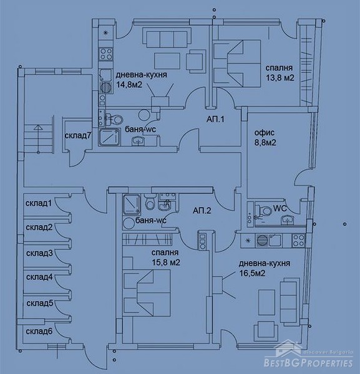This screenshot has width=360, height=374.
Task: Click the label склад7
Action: pyautogui.click(x=78, y=136)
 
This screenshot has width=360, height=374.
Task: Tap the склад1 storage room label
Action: pyautogui.click(x=39, y=203)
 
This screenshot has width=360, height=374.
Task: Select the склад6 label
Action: pyautogui.click(x=39, y=332)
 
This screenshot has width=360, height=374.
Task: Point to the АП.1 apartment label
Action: pyautogui.click(x=215, y=119)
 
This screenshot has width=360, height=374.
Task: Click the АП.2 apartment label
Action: pyautogui.click(x=202, y=211)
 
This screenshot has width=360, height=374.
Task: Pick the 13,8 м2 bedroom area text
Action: pyautogui.click(x=280, y=78)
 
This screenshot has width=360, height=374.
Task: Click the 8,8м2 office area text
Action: pyautogui.click(x=265, y=143)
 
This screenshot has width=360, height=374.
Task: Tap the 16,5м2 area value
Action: pyautogui.click(x=252, y=273)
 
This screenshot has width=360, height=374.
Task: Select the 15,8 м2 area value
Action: pyautogui.click(x=166, y=262)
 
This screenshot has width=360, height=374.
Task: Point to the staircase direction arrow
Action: pyautogui.click(x=38, y=138)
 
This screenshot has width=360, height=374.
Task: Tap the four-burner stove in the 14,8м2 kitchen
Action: pyautogui.click(x=106, y=54)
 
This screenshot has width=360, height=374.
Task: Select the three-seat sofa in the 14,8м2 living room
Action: pyautogui.click(x=167, y=38)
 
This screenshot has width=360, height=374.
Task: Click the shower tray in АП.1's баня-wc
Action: pyautogui.click(x=110, y=137)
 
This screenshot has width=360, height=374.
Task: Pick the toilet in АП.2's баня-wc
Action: pyautogui.click(x=150, y=202)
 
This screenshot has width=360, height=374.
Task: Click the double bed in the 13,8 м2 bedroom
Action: pyautogui.click(x=236, y=63)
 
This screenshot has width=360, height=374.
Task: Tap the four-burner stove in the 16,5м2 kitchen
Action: pyautogui.click(x=298, y=240)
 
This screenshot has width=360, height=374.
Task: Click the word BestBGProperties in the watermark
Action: pyautogui.click(x=308, y=363)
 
